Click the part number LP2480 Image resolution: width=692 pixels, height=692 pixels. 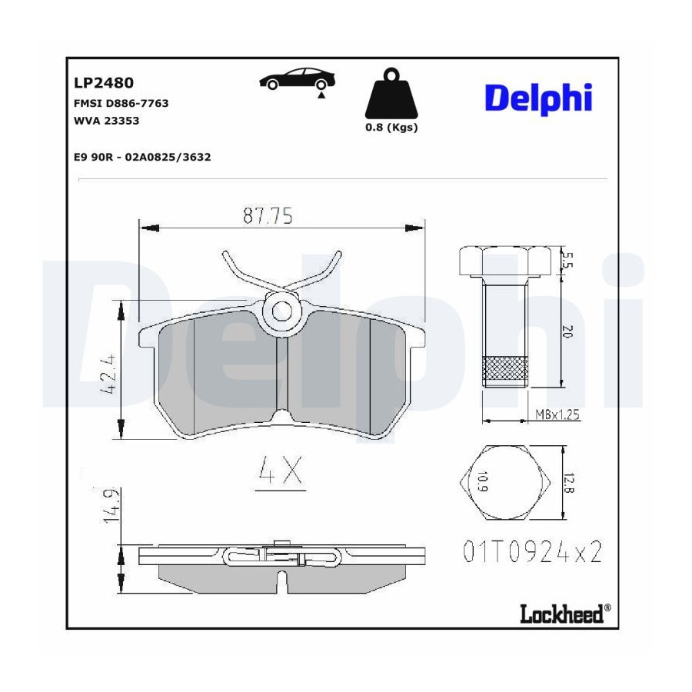[x=104, y=83]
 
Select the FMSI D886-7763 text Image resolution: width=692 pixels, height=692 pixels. [x=121, y=103]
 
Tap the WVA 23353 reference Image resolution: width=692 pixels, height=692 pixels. [x=106, y=121]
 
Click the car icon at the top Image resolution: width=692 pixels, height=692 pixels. [x=297, y=80]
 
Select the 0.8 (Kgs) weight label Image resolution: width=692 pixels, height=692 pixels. [x=391, y=128]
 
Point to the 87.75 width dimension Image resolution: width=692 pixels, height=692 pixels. [x=268, y=216]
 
